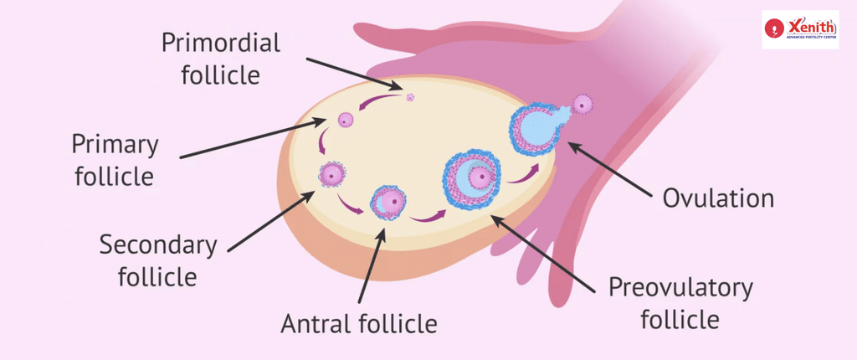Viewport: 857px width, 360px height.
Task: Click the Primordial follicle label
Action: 220,59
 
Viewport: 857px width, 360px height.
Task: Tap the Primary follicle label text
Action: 115,161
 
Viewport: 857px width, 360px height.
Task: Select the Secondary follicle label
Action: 158,261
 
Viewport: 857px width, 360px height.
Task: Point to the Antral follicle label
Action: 358,323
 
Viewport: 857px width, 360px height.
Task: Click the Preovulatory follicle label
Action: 681,303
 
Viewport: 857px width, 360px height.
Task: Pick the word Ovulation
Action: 718,198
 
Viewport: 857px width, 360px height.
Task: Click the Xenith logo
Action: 800,29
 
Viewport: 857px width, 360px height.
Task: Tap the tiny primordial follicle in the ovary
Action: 410,97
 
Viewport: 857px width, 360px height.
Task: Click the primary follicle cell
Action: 346,119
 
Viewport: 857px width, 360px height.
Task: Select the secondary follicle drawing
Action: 332,174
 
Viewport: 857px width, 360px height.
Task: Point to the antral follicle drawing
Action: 388,203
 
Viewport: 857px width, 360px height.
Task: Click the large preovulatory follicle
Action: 472,177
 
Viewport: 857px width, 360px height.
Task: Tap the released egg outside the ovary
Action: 582,104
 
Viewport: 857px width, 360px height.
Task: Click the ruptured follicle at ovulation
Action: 537,129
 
